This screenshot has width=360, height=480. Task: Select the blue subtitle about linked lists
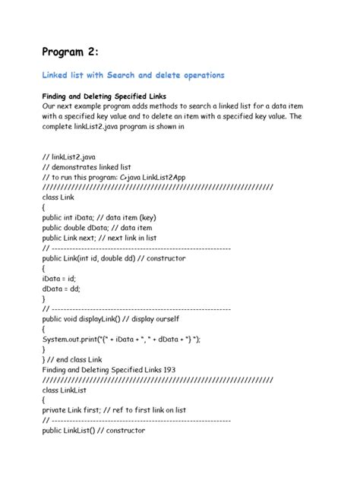132,76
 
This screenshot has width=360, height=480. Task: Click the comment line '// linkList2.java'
71,156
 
